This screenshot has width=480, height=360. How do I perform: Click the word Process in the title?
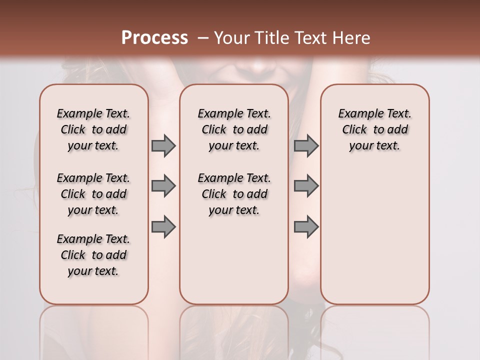coord(154,38)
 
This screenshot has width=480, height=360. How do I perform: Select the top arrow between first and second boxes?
coord(163,145)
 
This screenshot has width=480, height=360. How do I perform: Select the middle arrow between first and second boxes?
coord(163,186)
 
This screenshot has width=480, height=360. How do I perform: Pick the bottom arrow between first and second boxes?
coord(163,226)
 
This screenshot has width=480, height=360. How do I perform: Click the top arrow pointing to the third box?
coord(306,145)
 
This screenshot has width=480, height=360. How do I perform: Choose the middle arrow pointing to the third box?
coord(306,186)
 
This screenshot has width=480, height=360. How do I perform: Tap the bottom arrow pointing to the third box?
coord(306,226)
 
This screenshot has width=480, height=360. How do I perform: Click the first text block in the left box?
coord(93,129)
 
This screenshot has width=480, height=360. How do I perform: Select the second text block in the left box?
coord(93,194)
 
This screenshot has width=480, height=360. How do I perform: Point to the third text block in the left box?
coord(93,255)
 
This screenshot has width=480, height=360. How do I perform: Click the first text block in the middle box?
coord(234,129)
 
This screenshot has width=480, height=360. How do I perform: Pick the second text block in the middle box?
coord(234,194)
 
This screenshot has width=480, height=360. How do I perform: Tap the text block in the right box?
coord(375,129)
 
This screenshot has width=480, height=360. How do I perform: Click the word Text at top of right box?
coord(397,114)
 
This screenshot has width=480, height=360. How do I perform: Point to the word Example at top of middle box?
coord(218,114)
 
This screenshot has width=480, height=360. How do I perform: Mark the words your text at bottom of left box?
coord(93,271)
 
